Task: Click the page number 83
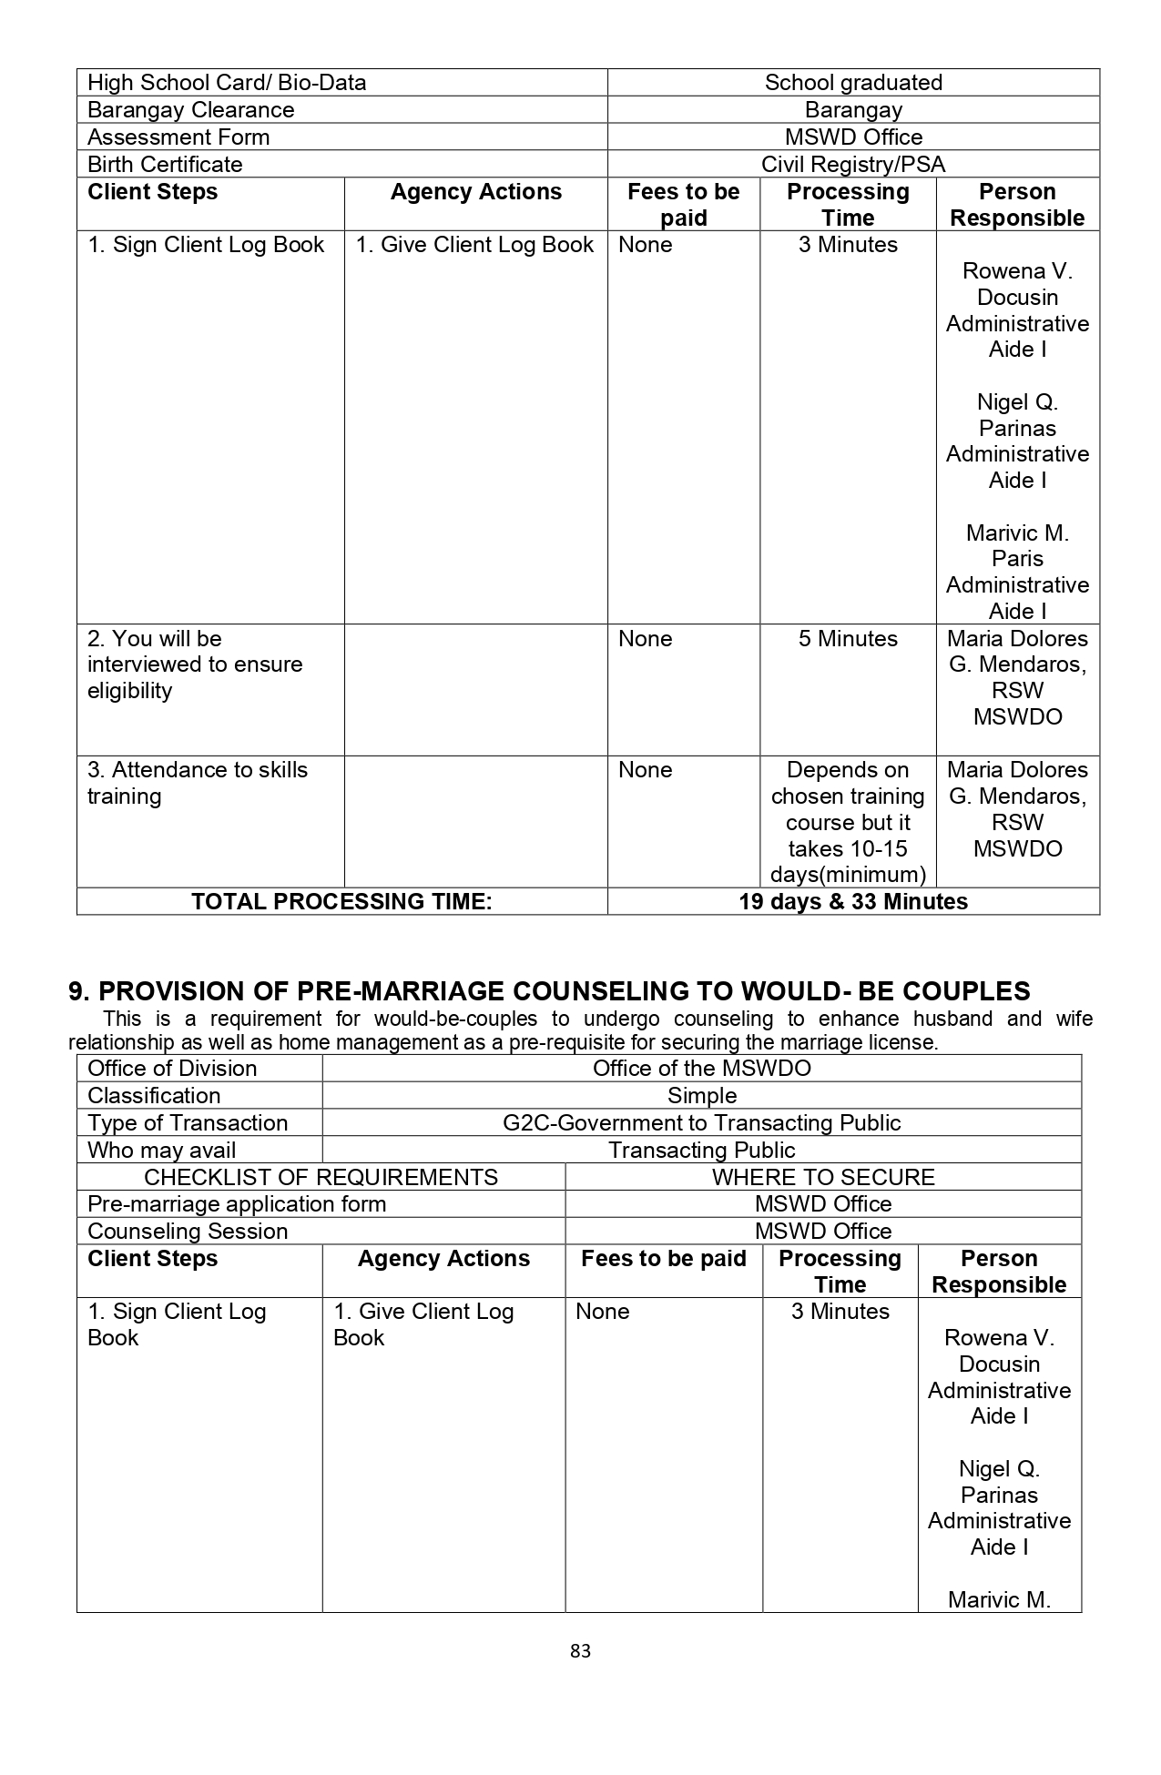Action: (x=580, y=1650)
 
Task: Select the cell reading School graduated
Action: (x=853, y=83)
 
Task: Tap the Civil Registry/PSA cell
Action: (x=853, y=165)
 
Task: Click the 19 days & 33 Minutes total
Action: (x=853, y=902)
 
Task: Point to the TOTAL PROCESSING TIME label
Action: (x=341, y=902)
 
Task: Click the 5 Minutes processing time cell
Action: (x=848, y=639)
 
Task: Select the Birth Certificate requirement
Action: (x=165, y=165)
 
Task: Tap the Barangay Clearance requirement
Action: (x=191, y=110)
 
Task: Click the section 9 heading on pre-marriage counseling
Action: (x=550, y=991)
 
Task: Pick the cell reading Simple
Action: (x=702, y=1096)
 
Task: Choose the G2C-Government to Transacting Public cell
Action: (x=702, y=1123)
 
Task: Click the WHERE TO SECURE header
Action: (x=823, y=1177)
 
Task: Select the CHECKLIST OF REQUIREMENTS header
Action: (x=321, y=1177)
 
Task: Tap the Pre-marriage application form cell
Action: (x=237, y=1204)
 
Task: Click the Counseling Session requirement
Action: (x=188, y=1232)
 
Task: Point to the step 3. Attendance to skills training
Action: (x=198, y=783)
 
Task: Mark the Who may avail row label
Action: (x=161, y=1151)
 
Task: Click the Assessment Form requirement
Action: (x=178, y=137)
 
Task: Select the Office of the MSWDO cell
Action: (x=702, y=1069)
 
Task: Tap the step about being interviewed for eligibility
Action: (x=195, y=664)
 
